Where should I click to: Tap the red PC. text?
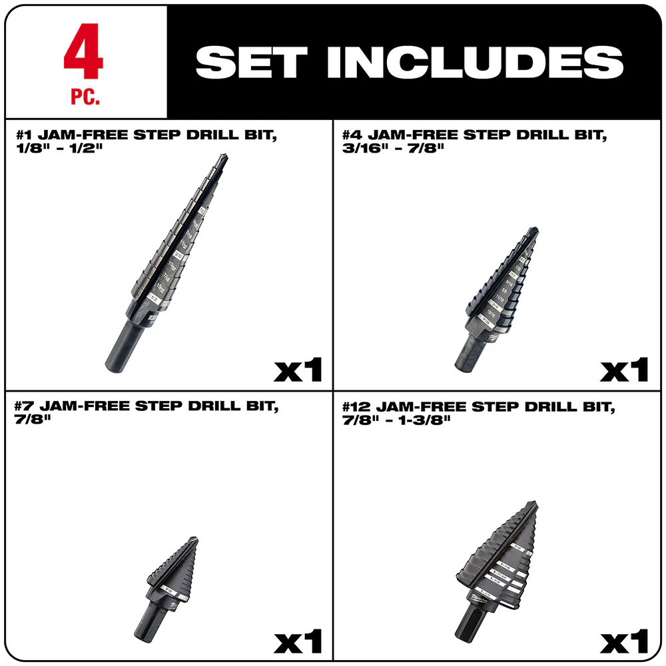pos(85,99)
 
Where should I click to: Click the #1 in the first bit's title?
pos(25,136)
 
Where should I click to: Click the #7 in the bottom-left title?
pos(25,406)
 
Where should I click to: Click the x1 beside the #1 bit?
pos(298,370)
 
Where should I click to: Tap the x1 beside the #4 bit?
pos(624,370)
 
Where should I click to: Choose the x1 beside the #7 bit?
pos(298,642)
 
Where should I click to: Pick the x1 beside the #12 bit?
pos(624,642)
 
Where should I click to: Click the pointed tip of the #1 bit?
pos(224,158)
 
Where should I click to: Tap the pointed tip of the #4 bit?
pos(535,231)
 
